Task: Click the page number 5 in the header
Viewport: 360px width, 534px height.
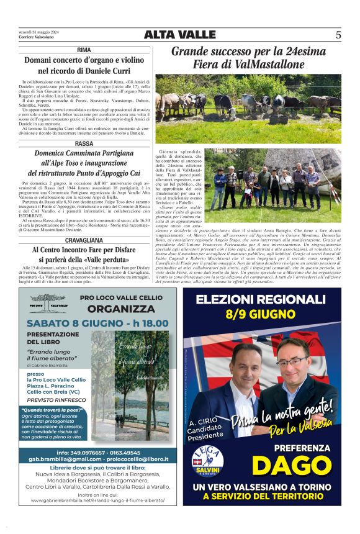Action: [x=338, y=35]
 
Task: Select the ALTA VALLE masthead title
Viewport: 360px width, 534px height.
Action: [x=179, y=35]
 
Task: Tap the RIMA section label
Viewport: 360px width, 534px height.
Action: [x=84, y=49]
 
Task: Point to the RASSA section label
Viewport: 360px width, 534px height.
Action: [x=84, y=143]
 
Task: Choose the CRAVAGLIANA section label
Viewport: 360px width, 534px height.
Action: [x=84, y=240]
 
